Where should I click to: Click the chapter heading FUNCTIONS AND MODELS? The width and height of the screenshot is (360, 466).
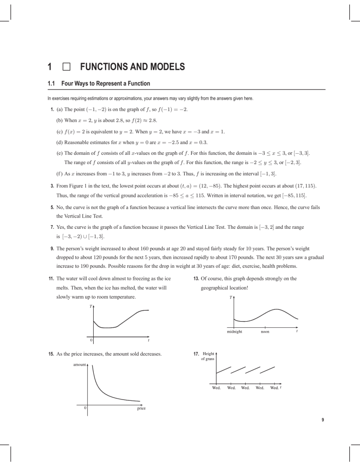pyautogui.click(x=132, y=68)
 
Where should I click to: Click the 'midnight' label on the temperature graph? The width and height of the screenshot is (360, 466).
pyautogui.click(x=233, y=331)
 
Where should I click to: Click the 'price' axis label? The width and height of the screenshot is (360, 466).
pyautogui.click(x=141, y=408)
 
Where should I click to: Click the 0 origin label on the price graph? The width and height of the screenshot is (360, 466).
pyautogui.click(x=85, y=408)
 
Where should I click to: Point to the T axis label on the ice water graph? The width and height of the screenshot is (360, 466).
pyautogui.click(x=90, y=306)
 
